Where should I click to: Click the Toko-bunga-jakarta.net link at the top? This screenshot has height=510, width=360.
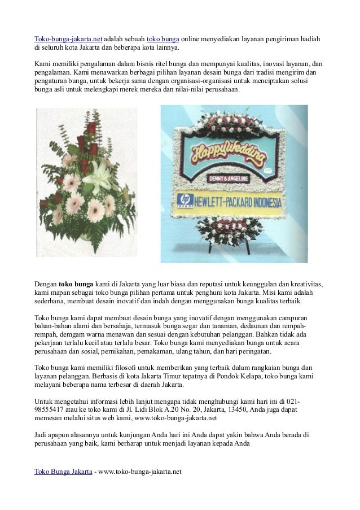click(x=68, y=39)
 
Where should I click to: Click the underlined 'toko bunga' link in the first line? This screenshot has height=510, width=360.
click(x=163, y=39)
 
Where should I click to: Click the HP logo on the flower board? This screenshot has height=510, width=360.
click(x=185, y=199)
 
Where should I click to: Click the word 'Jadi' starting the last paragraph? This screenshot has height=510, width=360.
click(x=41, y=435)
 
